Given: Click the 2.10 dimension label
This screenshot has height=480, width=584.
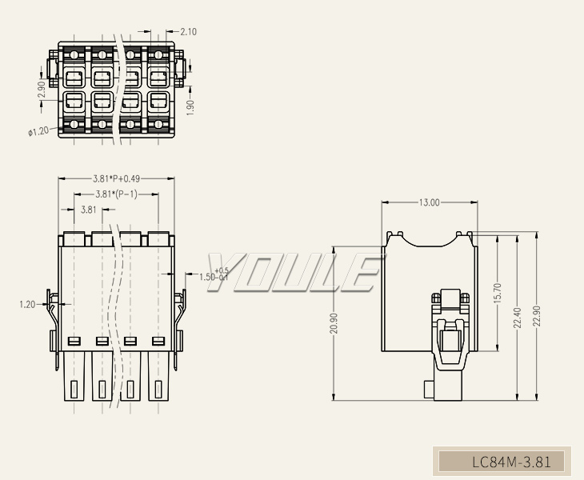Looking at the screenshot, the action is tap(188, 32).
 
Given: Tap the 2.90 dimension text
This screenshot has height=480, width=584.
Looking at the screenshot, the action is tap(42, 89).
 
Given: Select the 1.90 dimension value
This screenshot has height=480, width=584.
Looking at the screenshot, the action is tap(190, 107).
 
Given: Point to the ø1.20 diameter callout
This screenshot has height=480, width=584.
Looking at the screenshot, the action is tap(38, 131).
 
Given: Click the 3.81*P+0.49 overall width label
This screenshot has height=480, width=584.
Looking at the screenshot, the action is tap(116, 178).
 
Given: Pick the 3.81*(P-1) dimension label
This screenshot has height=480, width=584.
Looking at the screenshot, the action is tap(116, 194).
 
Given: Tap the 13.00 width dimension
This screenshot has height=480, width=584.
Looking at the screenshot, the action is tap(429, 202).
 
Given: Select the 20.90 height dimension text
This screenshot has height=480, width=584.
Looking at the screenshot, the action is tap(334, 323).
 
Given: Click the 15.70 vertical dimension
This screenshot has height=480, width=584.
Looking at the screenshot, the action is tap(498, 293).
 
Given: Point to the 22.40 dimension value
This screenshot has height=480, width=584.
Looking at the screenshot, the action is tap(518, 318).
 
